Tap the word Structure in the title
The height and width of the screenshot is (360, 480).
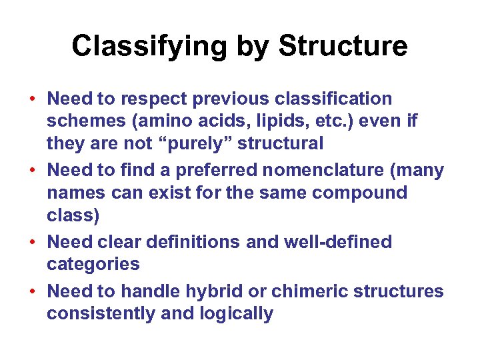(343, 47)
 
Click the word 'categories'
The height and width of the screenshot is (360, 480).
(93, 264)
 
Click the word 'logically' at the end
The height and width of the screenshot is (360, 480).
(237, 314)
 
